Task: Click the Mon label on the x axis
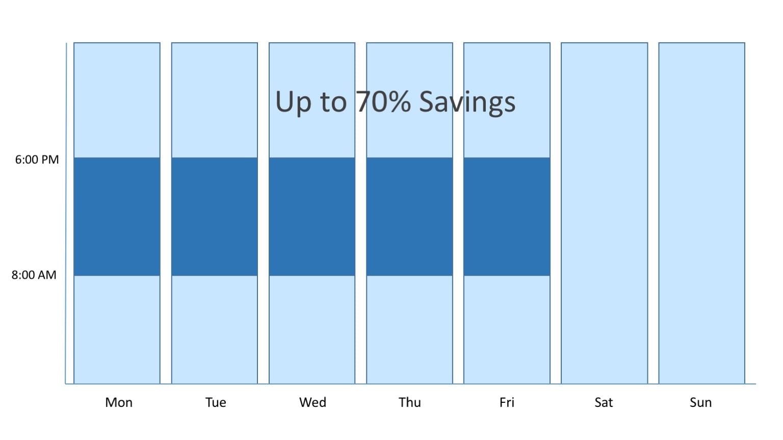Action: click(x=119, y=403)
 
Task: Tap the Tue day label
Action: click(x=216, y=403)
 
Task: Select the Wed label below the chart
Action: click(x=312, y=403)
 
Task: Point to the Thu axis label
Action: click(x=410, y=403)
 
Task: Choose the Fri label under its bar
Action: click(x=507, y=403)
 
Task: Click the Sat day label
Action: click(x=604, y=403)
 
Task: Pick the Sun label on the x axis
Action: click(x=700, y=403)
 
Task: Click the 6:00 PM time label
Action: click(x=37, y=159)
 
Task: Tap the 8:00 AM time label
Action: click(x=34, y=275)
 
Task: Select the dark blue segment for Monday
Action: click(x=117, y=216)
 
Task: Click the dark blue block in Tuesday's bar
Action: click(x=215, y=216)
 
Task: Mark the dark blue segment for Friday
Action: click(x=507, y=216)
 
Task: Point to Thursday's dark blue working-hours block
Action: click(x=410, y=216)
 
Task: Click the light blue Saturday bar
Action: click(x=605, y=213)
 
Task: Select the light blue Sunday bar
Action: click(x=702, y=213)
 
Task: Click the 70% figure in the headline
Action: click(x=383, y=102)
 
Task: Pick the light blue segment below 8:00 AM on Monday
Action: click(x=117, y=330)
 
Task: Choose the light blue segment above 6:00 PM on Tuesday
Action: click(x=215, y=100)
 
